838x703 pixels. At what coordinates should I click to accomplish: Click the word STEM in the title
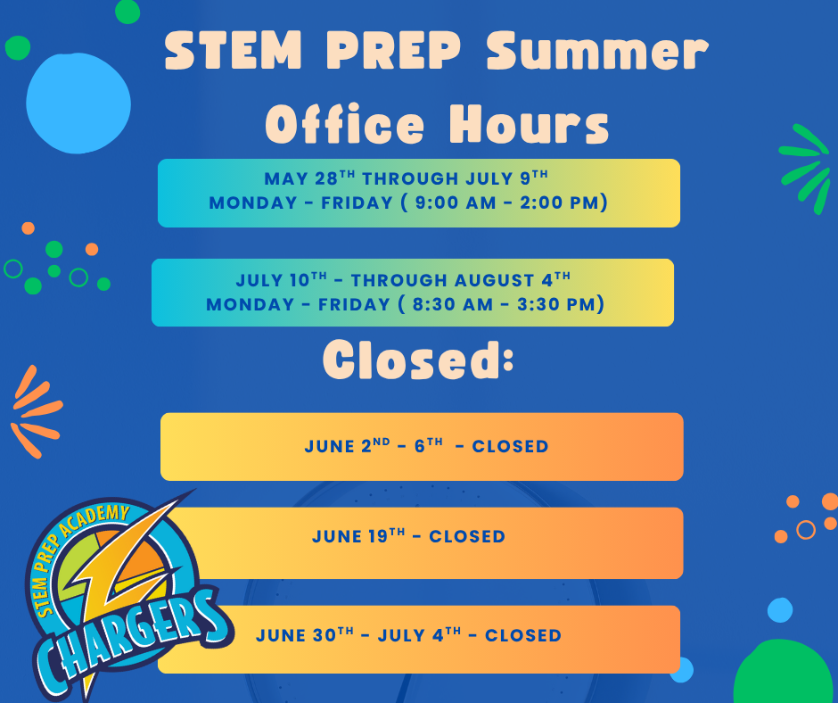pyautogui.click(x=234, y=51)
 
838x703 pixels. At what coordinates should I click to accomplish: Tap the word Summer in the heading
pyautogui.click(x=597, y=51)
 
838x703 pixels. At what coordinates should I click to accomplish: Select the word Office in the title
pyautogui.click(x=345, y=124)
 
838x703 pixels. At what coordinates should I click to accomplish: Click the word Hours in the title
pyautogui.click(x=529, y=124)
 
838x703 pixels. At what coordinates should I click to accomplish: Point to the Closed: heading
pyautogui.click(x=418, y=360)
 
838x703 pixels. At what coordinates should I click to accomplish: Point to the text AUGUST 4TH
pyautogui.click(x=513, y=279)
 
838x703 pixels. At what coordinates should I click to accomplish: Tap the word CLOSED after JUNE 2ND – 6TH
pyautogui.click(x=510, y=447)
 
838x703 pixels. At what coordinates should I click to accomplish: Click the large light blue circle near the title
pyautogui.click(x=78, y=103)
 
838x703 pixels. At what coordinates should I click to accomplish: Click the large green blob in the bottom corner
pyautogui.click(x=783, y=673)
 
